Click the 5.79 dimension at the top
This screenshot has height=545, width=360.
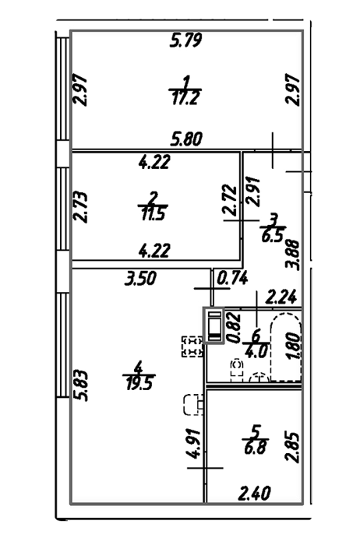pos(186,40)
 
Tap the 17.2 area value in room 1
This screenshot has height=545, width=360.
pos(185,98)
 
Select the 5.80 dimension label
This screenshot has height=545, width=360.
pos(186,139)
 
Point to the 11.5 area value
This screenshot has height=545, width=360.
pos(153,213)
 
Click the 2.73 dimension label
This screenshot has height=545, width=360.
pos(81,206)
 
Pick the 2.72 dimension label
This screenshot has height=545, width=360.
pos(230,200)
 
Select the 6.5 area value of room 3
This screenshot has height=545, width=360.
pos(273,235)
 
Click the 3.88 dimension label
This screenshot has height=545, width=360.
pos(292,255)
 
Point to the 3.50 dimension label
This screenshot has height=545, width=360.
pos(140,279)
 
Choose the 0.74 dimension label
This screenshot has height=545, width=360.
pos(232,278)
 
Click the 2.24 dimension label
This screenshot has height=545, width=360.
pos(281,297)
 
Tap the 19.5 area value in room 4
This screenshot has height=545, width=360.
pos(139,382)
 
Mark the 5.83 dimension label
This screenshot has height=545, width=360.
pos(81,386)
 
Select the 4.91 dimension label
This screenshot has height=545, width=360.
pos(194,444)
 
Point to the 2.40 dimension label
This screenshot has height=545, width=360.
pos(254,493)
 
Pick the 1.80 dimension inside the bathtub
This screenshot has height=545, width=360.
pos(294,347)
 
